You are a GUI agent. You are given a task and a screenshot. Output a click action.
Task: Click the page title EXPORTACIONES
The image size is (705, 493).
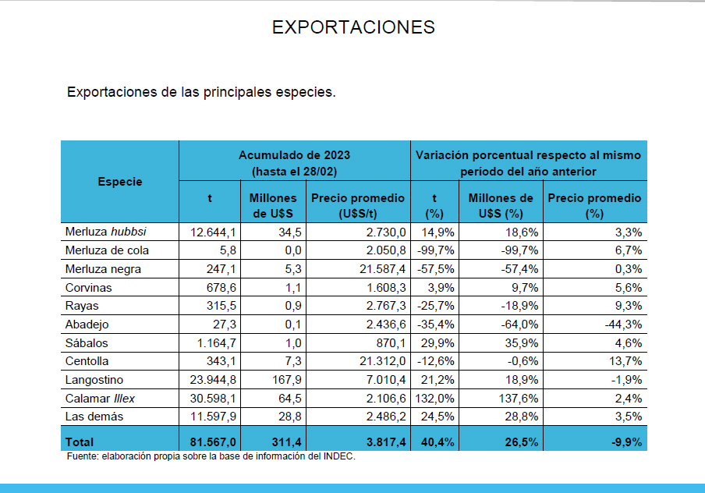[x=352, y=27]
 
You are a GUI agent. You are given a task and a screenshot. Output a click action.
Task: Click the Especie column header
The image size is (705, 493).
[x=120, y=182]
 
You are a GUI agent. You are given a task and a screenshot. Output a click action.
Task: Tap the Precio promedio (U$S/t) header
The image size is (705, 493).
[x=357, y=205]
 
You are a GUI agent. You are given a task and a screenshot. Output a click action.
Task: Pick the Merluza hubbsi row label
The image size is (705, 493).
[x=106, y=232]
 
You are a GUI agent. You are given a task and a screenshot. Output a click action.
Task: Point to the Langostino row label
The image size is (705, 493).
[x=94, y=380]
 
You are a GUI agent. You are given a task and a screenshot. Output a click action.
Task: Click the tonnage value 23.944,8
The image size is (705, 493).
[x=211, y=380]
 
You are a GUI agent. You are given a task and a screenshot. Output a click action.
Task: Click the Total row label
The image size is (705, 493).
[x=80, y=442]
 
